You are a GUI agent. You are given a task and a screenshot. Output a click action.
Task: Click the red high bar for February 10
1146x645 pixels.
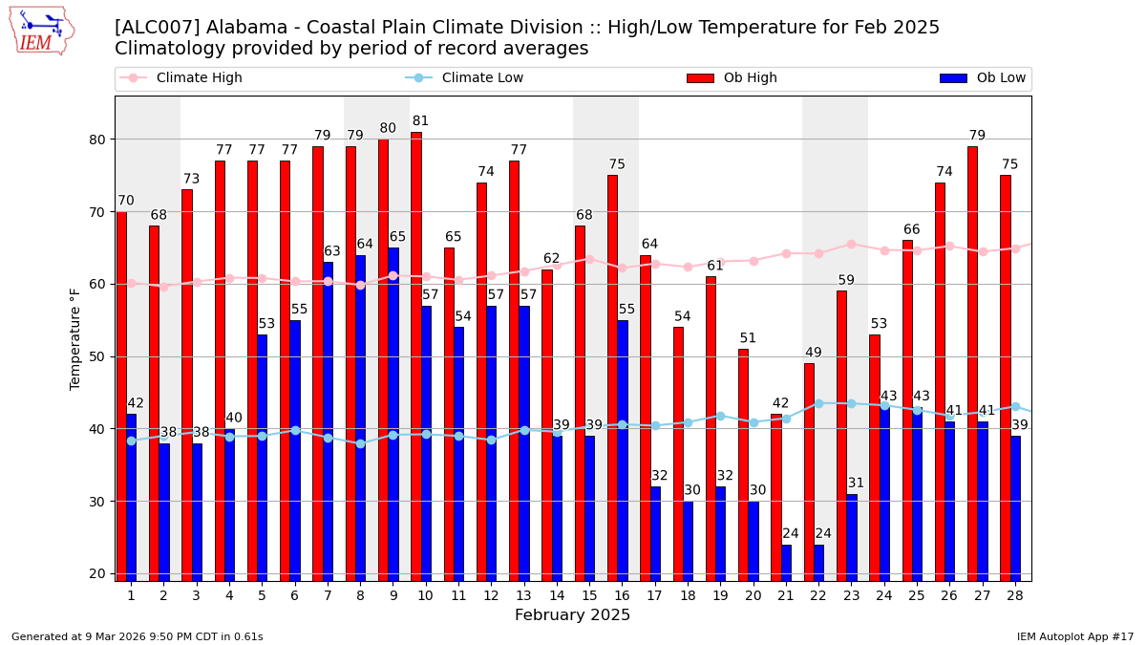tap(416, 355)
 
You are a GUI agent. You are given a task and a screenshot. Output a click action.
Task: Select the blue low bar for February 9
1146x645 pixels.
tap(393, 413)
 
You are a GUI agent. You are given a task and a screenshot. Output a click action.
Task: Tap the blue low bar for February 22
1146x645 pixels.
tap(818, 562)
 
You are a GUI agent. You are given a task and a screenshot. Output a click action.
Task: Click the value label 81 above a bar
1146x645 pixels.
tap(420, 121)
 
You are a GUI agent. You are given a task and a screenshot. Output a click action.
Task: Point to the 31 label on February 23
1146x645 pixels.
tap(856, 484)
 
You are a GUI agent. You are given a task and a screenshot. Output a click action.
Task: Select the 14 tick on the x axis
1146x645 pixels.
tap(557, 594)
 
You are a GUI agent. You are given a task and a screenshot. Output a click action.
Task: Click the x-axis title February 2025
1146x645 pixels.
tap(572, 615)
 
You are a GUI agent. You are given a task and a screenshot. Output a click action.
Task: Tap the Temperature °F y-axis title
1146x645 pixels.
tap(76, 338)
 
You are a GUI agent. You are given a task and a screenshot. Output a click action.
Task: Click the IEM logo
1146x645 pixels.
tap(41, 31)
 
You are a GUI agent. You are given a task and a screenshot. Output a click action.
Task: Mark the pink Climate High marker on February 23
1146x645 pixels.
tap(851, 244)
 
